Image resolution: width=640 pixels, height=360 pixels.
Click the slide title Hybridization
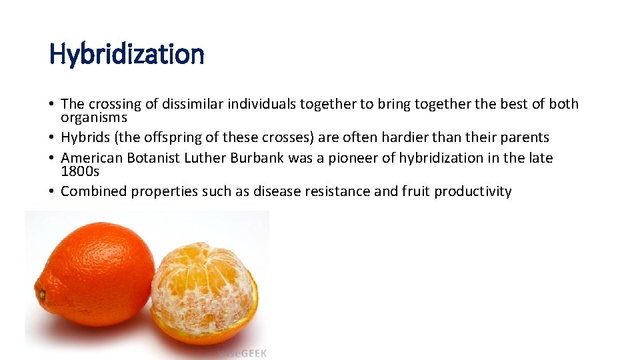pyautogui.click(x=127, y=54)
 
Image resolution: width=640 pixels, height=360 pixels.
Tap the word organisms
pyautogui.click(x=93, y=117)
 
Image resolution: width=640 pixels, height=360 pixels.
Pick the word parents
pyautogui.click(x=525, y=137)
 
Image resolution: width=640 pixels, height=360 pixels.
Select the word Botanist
pyautogui.click(x=153, y=158)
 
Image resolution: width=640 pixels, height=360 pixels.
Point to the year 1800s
pyautogui.click(x=80, y=171)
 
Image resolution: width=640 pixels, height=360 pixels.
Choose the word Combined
pyautogui.click(x=93, y=191)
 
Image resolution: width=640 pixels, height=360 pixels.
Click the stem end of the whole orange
pyautogui.click(x=41, y=293)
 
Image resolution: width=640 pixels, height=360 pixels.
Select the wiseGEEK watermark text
pyautogui.click(x=241, y=353)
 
